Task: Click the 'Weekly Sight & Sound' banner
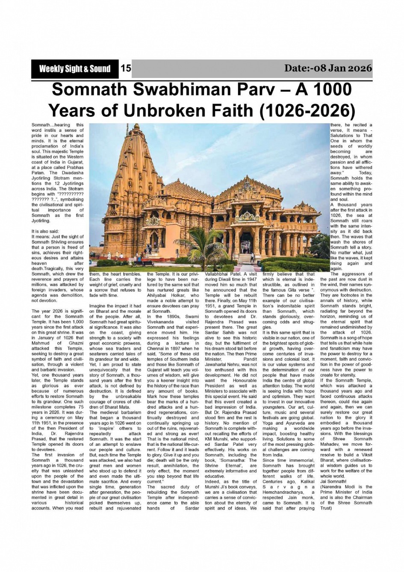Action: point(74,69)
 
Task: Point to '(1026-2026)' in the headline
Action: point(307,110)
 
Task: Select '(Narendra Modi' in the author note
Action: point(337,487)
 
